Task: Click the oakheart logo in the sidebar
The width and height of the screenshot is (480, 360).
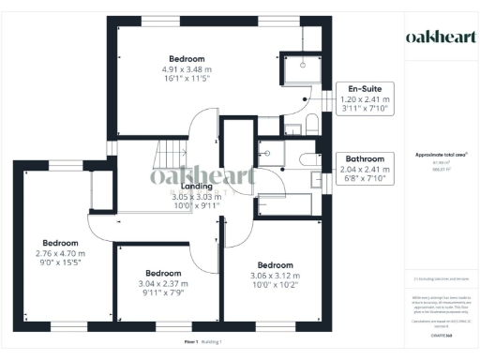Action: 440,37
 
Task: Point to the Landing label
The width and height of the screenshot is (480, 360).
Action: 196,187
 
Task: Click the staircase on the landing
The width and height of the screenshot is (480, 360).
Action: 168,150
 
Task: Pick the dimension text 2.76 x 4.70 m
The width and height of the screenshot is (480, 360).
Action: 59,253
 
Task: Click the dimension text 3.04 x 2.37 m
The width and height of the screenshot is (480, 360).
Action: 151,284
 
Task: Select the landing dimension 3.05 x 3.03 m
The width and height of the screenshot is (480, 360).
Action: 196,197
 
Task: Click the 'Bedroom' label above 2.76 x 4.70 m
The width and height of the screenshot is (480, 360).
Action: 59,242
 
